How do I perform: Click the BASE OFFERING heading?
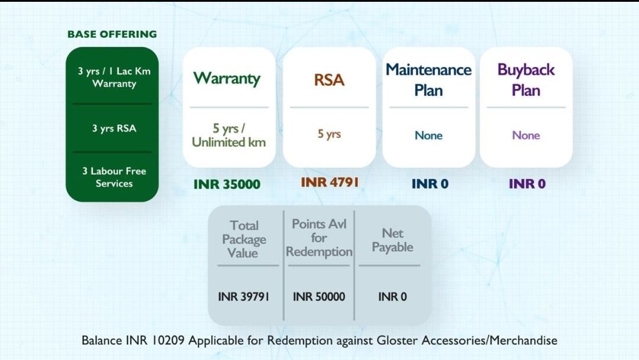click(112, 34)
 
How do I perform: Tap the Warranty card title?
click(227, 78)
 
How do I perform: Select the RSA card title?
click(330, 80)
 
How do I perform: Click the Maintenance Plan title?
click(429, 80)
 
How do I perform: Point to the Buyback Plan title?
click(526, 80)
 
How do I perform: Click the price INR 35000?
click(227, 184)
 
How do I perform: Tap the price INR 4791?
click(330, 182)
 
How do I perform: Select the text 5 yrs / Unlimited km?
click(228, 136)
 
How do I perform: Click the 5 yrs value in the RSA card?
click(330, 134)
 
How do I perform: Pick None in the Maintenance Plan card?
click(429, 135)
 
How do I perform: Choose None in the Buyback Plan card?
click(526, 135)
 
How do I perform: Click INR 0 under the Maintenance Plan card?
click(430, 184)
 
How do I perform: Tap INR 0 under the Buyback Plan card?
click(527, 184)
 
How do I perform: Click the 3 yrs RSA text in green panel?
click(114, 128)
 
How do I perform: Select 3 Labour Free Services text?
click(114, 177)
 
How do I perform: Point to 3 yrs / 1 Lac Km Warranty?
click(114, 77)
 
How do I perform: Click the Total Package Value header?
click(244, 239)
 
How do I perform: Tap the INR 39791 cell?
click(244, 297)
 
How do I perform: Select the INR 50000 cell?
click(319, 297)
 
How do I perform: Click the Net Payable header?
click(392, 240)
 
